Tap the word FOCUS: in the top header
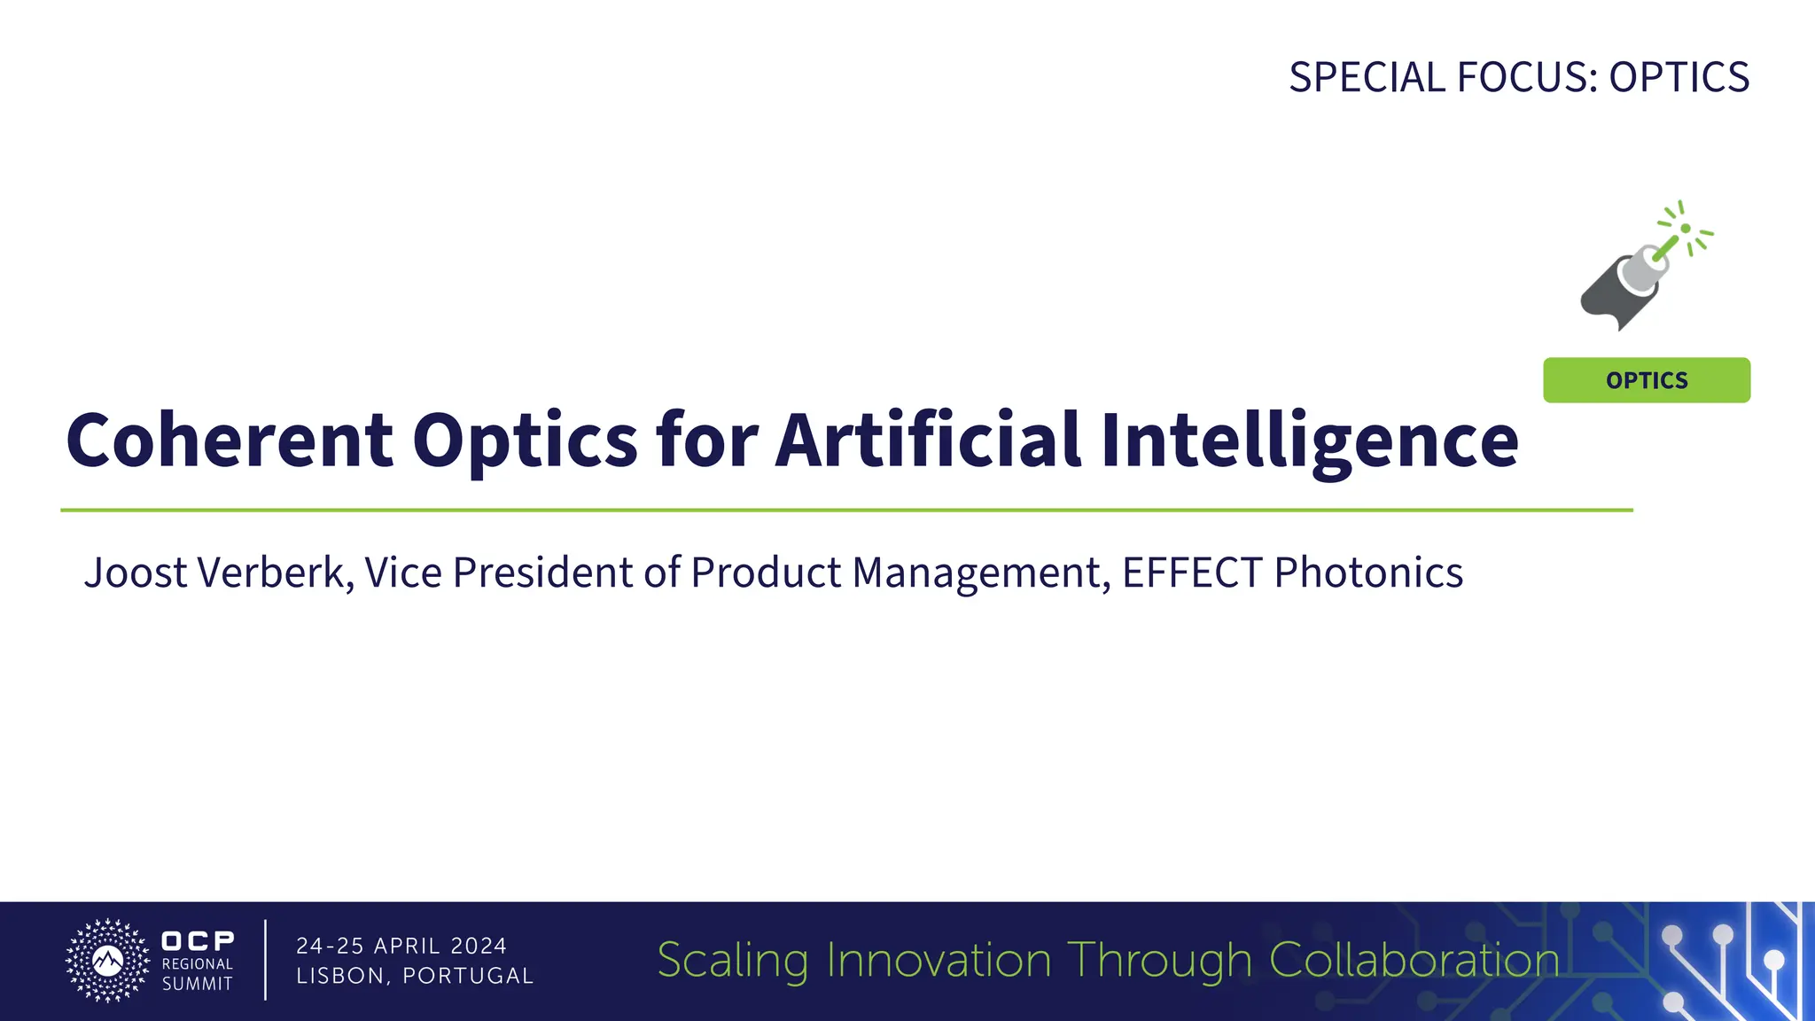click(1528, 77)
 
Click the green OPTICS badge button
click(1646, 380)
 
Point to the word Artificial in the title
click(928, 440)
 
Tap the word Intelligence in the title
click(1309, 442)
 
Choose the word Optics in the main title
click(525, 442)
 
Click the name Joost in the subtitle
click(136, 573)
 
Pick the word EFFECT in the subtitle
click(1192, 573)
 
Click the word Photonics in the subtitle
click(1368, 573)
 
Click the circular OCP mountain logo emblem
click(108, 961)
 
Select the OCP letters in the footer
click(198, 940)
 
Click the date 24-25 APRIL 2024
click(401, 946)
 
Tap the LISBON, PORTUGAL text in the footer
click(415, 976)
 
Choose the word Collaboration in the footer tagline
click(1414, 961)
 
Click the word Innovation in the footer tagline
click(939, 961)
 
